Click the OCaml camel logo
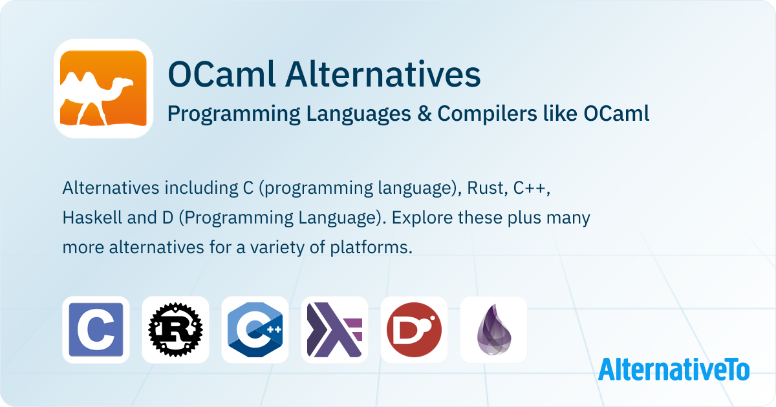click(103, 89)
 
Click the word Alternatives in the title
click(383, 74)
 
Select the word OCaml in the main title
click(221, 74)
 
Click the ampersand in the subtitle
click(424, 114)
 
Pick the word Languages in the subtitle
click(358, 114)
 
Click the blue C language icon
click(96, 329)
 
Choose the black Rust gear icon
click(176, 329)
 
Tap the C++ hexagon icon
click(255, 329)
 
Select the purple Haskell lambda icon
click(335, 329)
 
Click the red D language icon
click(415, 329)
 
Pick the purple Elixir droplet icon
click(493, 329)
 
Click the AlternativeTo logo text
click(674, 370)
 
